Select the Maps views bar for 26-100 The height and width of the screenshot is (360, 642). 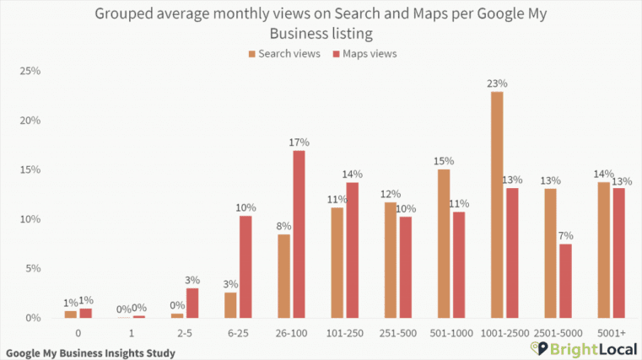point(299,234)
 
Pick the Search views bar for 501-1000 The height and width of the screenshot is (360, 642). point(444,244)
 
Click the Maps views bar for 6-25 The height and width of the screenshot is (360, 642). point(245,266)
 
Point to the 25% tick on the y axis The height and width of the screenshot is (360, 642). point(30,71)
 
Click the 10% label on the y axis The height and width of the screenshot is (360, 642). point(30,219)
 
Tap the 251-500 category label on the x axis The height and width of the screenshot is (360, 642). point(398,334)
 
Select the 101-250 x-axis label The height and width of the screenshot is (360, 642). point(345,334)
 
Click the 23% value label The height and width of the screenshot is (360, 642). point(497,83)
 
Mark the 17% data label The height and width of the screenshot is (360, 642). point(299,142)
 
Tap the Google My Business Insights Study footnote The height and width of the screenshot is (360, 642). point(90,352)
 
